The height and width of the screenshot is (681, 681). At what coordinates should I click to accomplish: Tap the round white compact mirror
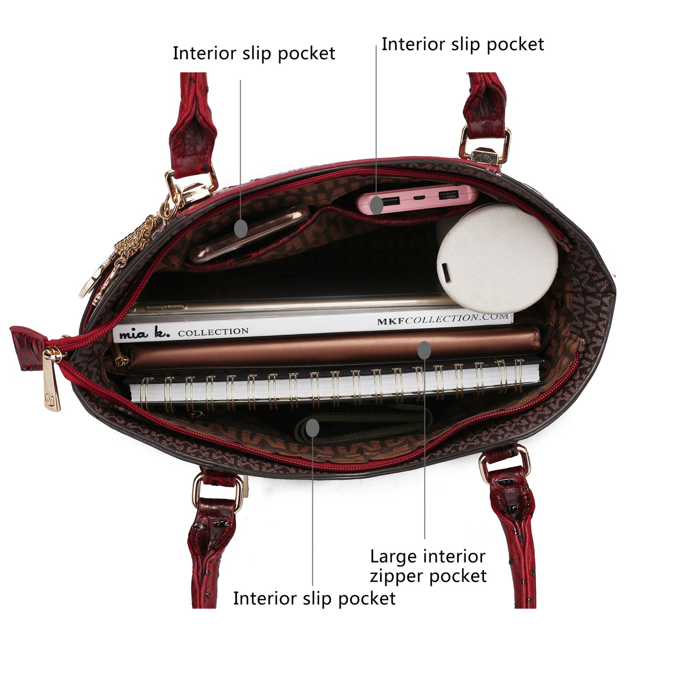[497, 259]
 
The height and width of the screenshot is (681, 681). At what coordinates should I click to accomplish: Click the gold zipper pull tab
[52, 381]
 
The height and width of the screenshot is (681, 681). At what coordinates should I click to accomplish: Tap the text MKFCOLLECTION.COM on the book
[443, 320]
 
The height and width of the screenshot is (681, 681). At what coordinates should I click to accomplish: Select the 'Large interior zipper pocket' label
[427, 566]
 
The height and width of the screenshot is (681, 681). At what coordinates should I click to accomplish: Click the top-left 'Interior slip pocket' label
[254, 53]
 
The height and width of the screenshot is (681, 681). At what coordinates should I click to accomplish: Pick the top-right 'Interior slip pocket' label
[462, 44]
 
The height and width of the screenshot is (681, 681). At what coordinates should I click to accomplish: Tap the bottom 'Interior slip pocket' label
[314, 598]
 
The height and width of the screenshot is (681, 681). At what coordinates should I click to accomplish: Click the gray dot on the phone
[241, 228]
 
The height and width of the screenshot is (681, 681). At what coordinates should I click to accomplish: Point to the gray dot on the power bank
[376, 205]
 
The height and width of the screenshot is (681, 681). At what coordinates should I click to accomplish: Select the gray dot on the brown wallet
[424, 350]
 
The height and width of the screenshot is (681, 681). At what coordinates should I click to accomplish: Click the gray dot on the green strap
[312, 428]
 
